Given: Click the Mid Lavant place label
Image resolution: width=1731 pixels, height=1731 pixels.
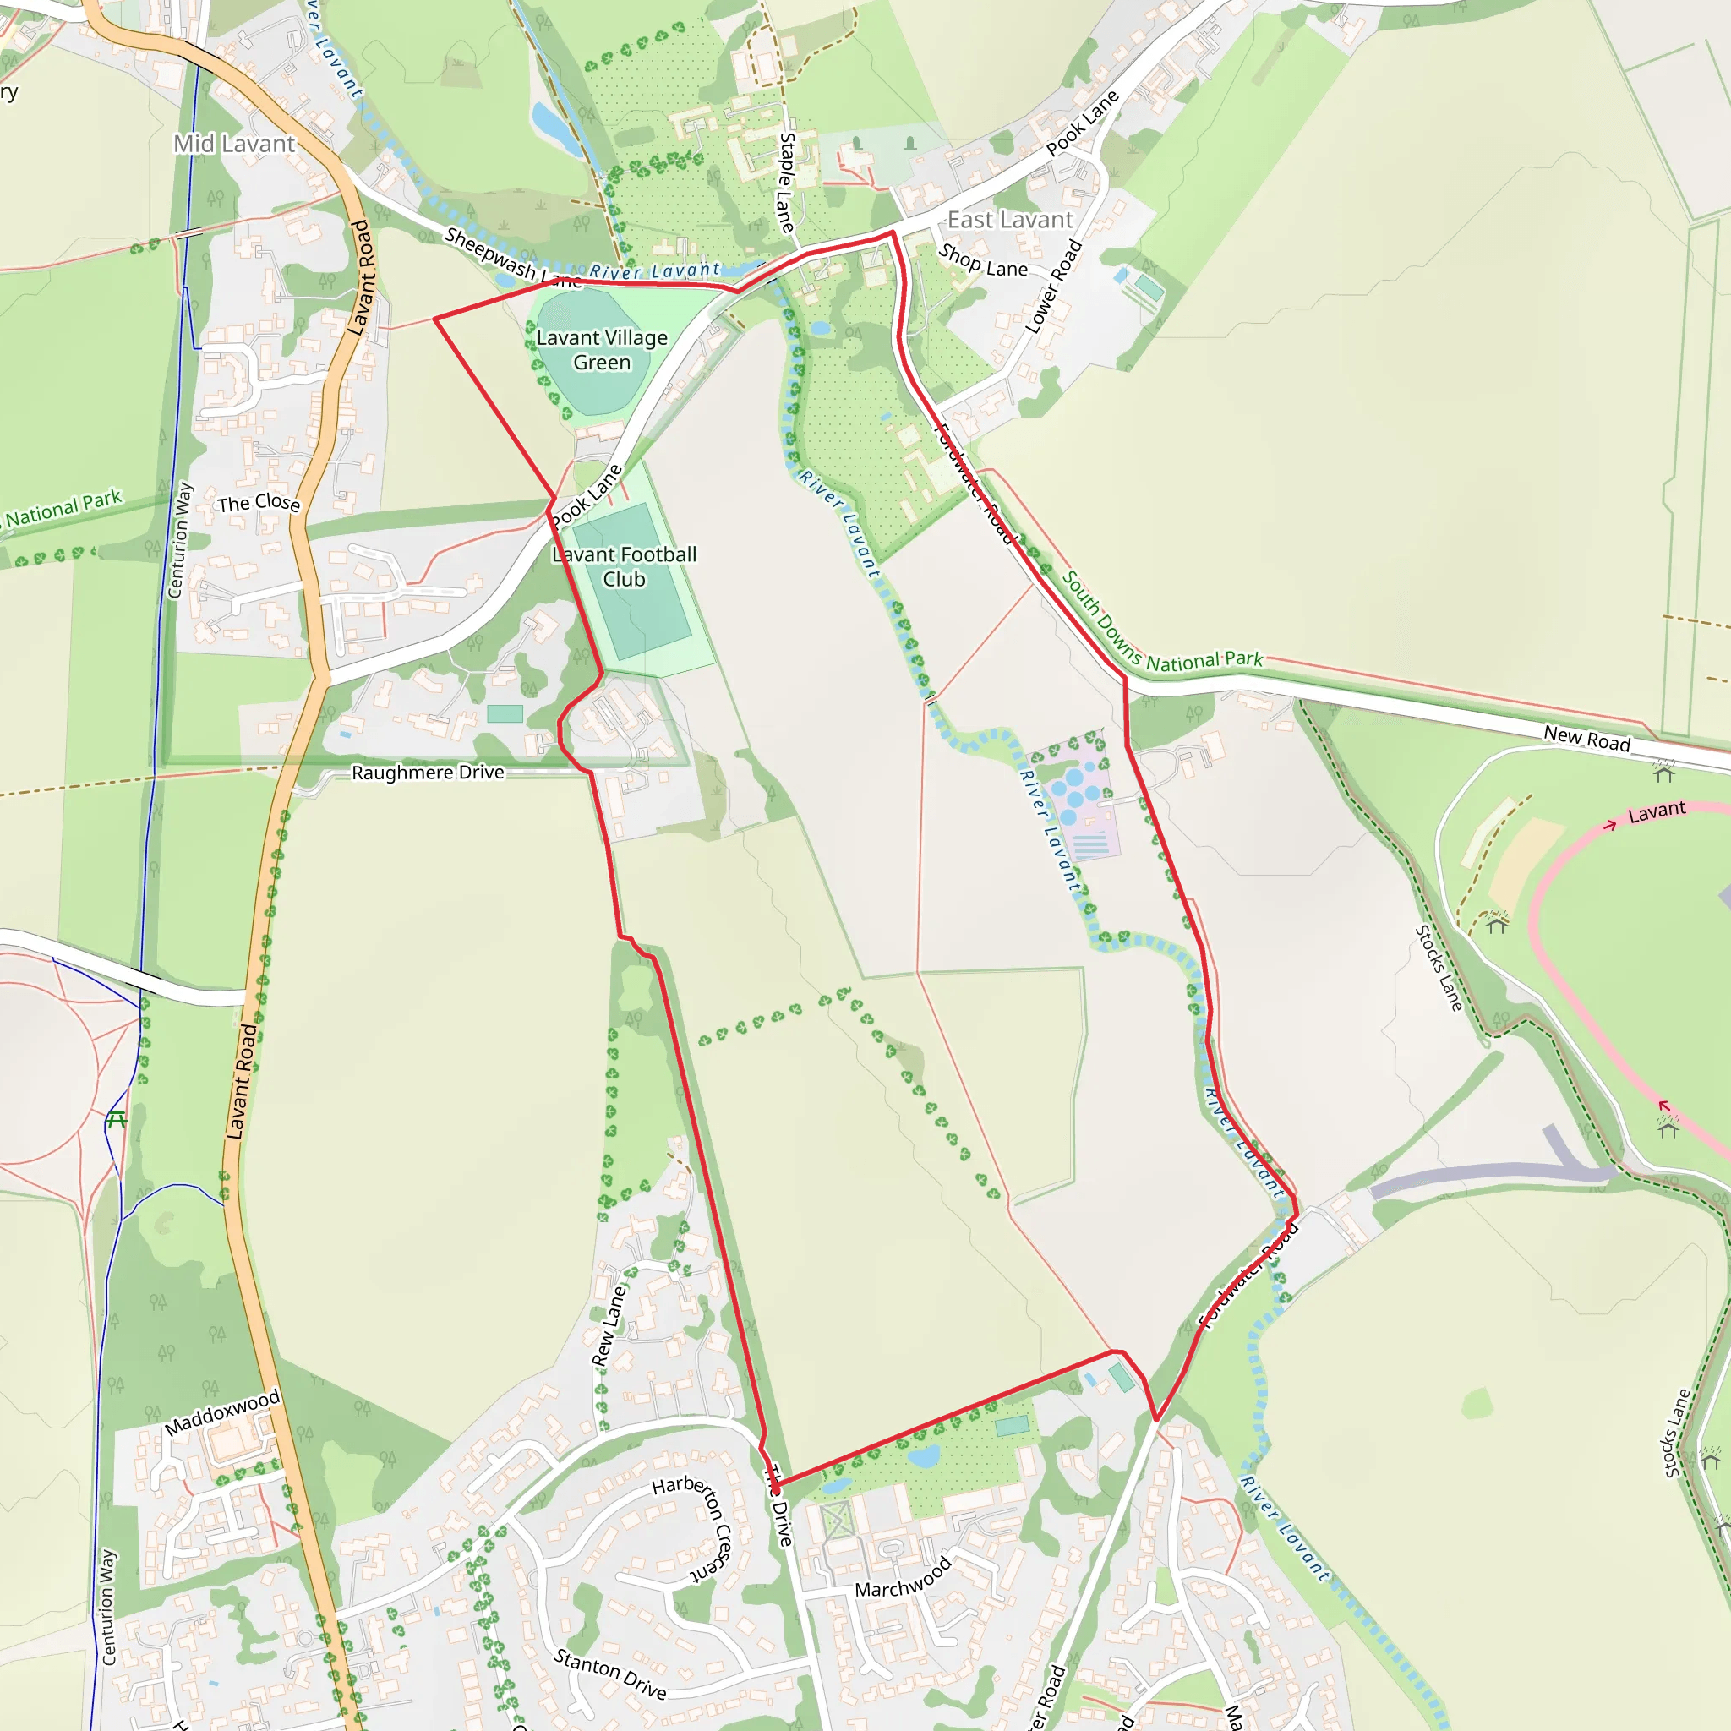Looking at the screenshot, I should pos(234,144).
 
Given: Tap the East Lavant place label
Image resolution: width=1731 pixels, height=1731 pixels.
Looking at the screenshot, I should pos(1010,220).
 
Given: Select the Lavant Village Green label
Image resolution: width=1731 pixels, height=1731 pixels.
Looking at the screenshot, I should pos(602,349).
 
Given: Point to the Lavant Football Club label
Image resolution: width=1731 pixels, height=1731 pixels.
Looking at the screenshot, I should pos(625,566).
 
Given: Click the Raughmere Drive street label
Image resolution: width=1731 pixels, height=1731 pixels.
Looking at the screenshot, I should pos(428,773).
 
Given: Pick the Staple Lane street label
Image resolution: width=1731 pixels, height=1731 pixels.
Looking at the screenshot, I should pos(786,183).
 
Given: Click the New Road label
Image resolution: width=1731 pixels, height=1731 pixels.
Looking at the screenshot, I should pos(1586,738).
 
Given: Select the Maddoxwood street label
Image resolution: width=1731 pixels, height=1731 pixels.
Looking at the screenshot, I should pos(222,1415).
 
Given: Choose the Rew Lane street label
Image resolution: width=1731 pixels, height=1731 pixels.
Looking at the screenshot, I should pos(609,1327).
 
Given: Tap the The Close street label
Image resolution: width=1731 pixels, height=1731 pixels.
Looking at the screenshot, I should pos(258,503).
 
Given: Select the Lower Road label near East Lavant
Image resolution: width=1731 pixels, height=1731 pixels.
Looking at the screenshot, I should pos(1054,287).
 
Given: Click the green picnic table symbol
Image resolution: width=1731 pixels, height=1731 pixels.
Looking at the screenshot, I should pos(117,1120).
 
